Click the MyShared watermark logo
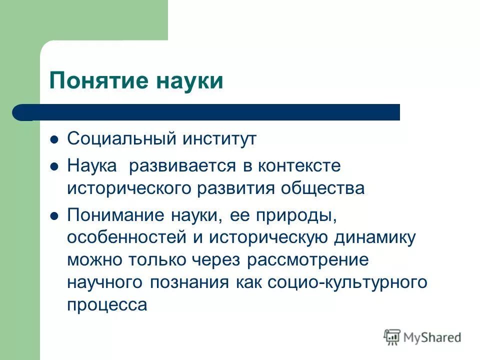click(x=422, y=337)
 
